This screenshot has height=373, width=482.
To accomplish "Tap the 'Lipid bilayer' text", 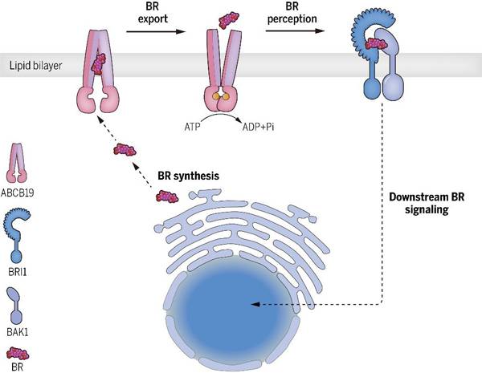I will click(30, 65).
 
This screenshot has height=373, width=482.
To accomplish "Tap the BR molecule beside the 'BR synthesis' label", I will click(167, 195).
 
